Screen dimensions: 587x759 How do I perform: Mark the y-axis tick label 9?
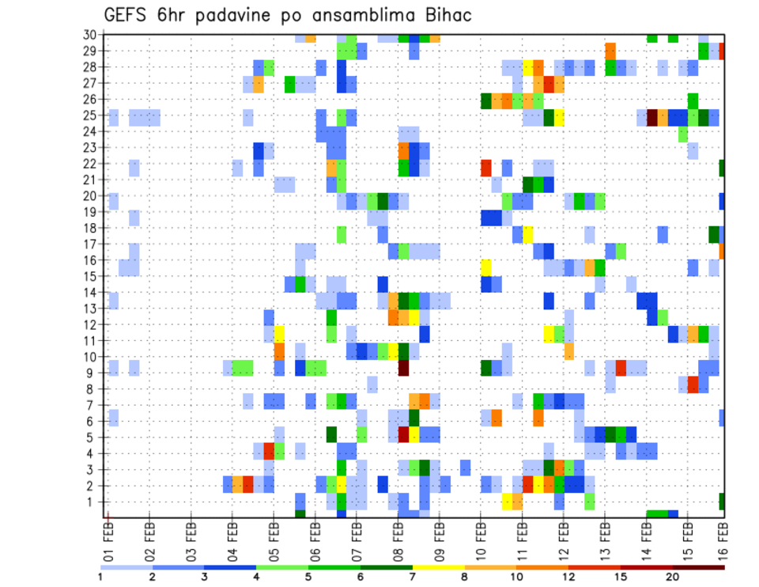[93, 373]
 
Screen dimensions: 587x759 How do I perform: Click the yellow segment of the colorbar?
[438, 567]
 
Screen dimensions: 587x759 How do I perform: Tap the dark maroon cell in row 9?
[403, 368]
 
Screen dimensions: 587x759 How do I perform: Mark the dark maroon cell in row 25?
[652, 118]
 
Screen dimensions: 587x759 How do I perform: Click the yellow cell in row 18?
[527, 234]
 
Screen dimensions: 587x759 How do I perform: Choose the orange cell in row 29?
[610, 51]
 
